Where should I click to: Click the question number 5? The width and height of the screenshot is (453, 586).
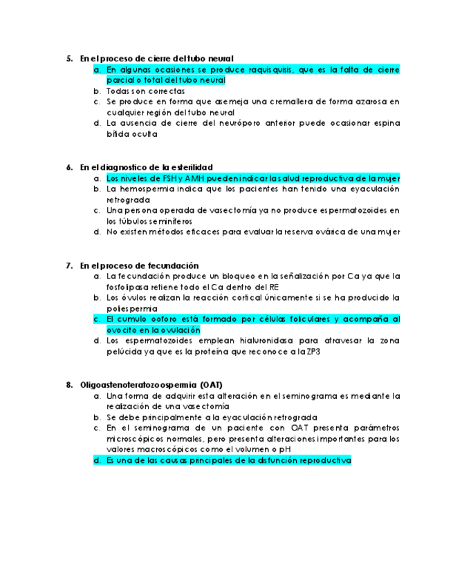tap(69, 59)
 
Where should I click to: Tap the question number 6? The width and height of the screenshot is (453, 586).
tap(69, 167)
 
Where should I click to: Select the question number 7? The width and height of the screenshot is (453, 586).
tap(69, 265)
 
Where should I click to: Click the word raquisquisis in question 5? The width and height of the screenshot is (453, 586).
tap(270, 70)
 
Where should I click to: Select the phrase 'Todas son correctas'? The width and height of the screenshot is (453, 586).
tap(145, 91)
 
